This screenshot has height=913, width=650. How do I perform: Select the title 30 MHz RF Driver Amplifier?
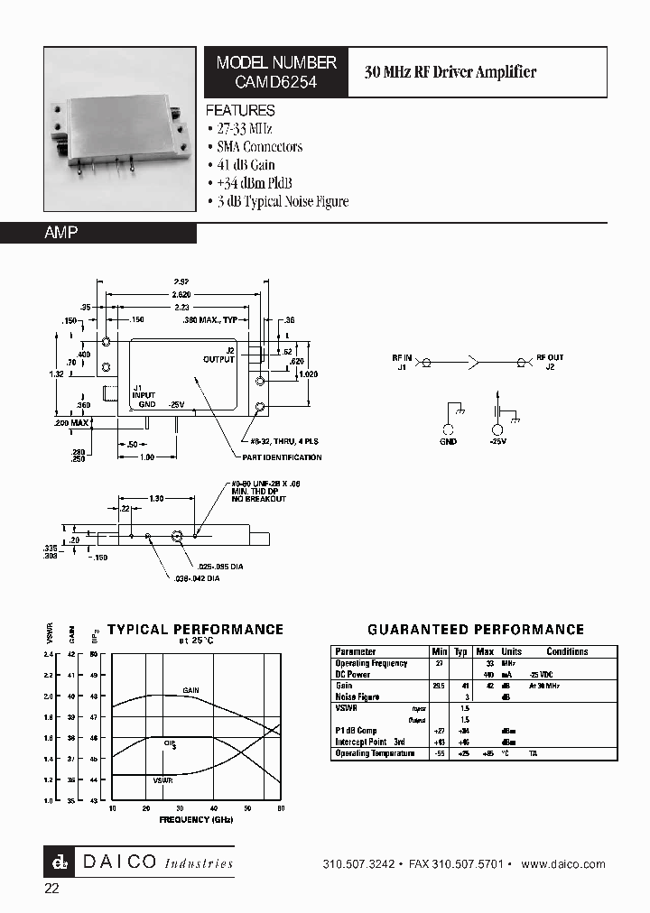tap(450, 72)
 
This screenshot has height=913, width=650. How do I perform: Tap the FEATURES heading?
tap(240, 111)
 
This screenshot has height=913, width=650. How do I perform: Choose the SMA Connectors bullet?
tap(259, 147)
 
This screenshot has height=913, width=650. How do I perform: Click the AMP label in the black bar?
tap(61, 233)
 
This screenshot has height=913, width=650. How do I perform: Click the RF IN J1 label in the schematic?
tap(401, 361)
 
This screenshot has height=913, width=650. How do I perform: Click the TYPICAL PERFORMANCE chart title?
tap(195, 630)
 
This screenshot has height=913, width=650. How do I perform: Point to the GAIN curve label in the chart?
tap(190, 690)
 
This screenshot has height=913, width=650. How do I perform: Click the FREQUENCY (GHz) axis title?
tap(196, 820)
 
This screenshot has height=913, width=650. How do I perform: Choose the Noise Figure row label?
tap(357, 696)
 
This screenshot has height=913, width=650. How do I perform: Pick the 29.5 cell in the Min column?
tap(439, 686)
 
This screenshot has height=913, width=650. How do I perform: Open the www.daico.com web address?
tap(563, 864)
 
